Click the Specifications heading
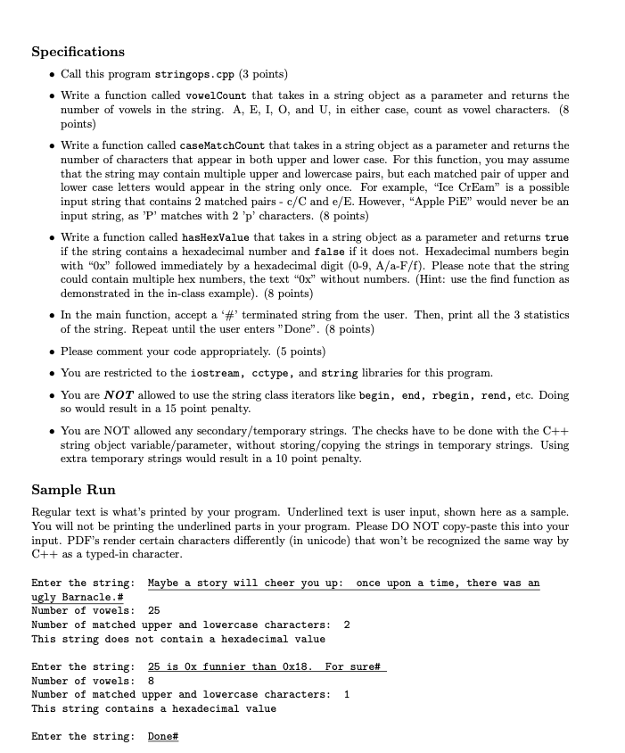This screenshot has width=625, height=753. pyautogui.click(x=78, y=52)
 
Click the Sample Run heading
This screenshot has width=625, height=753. pyautogui.click(x=73, y=490)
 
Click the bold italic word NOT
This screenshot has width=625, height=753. pyautogui.click(x=120, y=395)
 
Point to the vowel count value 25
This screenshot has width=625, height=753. pyautogui.click(x=153, y=610)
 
